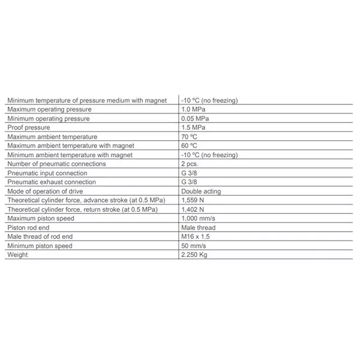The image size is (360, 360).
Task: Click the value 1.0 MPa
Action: [x=194, y=110]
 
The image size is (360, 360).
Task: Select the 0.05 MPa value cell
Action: [x=196, y=119]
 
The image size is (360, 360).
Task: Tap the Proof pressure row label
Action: [x=28, y=128]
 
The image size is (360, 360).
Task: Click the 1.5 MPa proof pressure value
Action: [x=194, y=128]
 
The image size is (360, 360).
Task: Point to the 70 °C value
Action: [x=190, y=137]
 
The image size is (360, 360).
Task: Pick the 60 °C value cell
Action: [x=190, y=146]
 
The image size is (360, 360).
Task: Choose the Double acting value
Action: [x=201, y=191]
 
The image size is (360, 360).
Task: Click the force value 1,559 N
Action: [x=193, y=200]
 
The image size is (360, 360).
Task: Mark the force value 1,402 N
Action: [x=193, y=209]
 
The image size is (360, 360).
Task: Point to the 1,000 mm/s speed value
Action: [x=198, y=219]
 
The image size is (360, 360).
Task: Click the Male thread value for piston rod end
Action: [x=198, y=228]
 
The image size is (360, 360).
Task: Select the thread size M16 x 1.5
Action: [x=196, y=237]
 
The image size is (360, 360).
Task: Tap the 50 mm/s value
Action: [x=194, y=246]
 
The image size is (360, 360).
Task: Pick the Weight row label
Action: [x=17, y=255]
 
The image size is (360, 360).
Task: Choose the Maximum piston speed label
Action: [x=41, y=219]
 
